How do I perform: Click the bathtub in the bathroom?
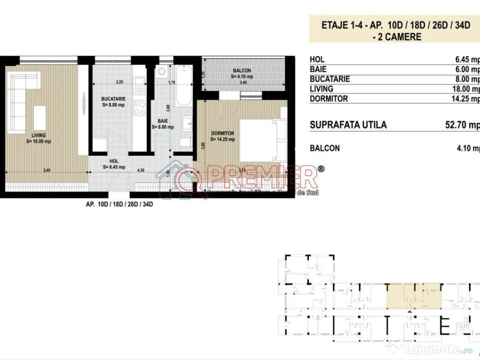pyautogui.click(x=183, y=87)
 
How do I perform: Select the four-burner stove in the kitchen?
pyautogui.click(x=139, y=108)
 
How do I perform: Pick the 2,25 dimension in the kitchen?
pyautogui.click(x=120, y=82)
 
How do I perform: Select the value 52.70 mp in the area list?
pyautogui.click(x=462, y=125)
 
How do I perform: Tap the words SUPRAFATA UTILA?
pyautogui.click(x=348, y=125)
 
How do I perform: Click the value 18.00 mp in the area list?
pyautogui.click(x=467, y=89)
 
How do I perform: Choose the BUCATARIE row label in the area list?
pyautogui.click(x=330, y=79)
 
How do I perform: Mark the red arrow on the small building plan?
pyautogui.click(x=410, y=311)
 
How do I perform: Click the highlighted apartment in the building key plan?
pyautogui.click(x=413, y=296)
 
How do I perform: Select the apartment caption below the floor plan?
pyautogui.click(x=120, y=204)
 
